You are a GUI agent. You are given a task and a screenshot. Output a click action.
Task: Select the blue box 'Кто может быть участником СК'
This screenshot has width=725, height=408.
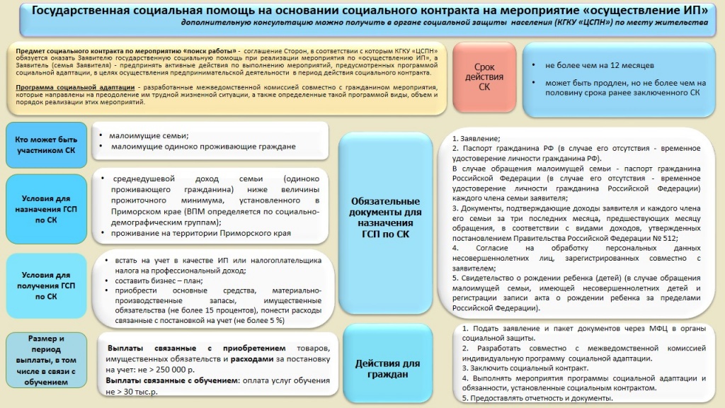pos(46,144)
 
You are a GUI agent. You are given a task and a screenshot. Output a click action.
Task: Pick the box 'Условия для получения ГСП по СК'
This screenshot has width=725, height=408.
pos(46,285)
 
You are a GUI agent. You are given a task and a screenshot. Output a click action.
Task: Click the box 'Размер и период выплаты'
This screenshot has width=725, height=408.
pos(46,360)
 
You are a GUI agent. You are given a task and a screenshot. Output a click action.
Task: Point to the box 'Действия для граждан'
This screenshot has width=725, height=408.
pos(386,369)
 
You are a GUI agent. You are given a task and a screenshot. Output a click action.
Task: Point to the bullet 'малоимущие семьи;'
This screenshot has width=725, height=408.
pos(149,135)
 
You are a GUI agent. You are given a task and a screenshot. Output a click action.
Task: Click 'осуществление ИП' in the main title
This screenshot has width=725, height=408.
pos(636,10)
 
